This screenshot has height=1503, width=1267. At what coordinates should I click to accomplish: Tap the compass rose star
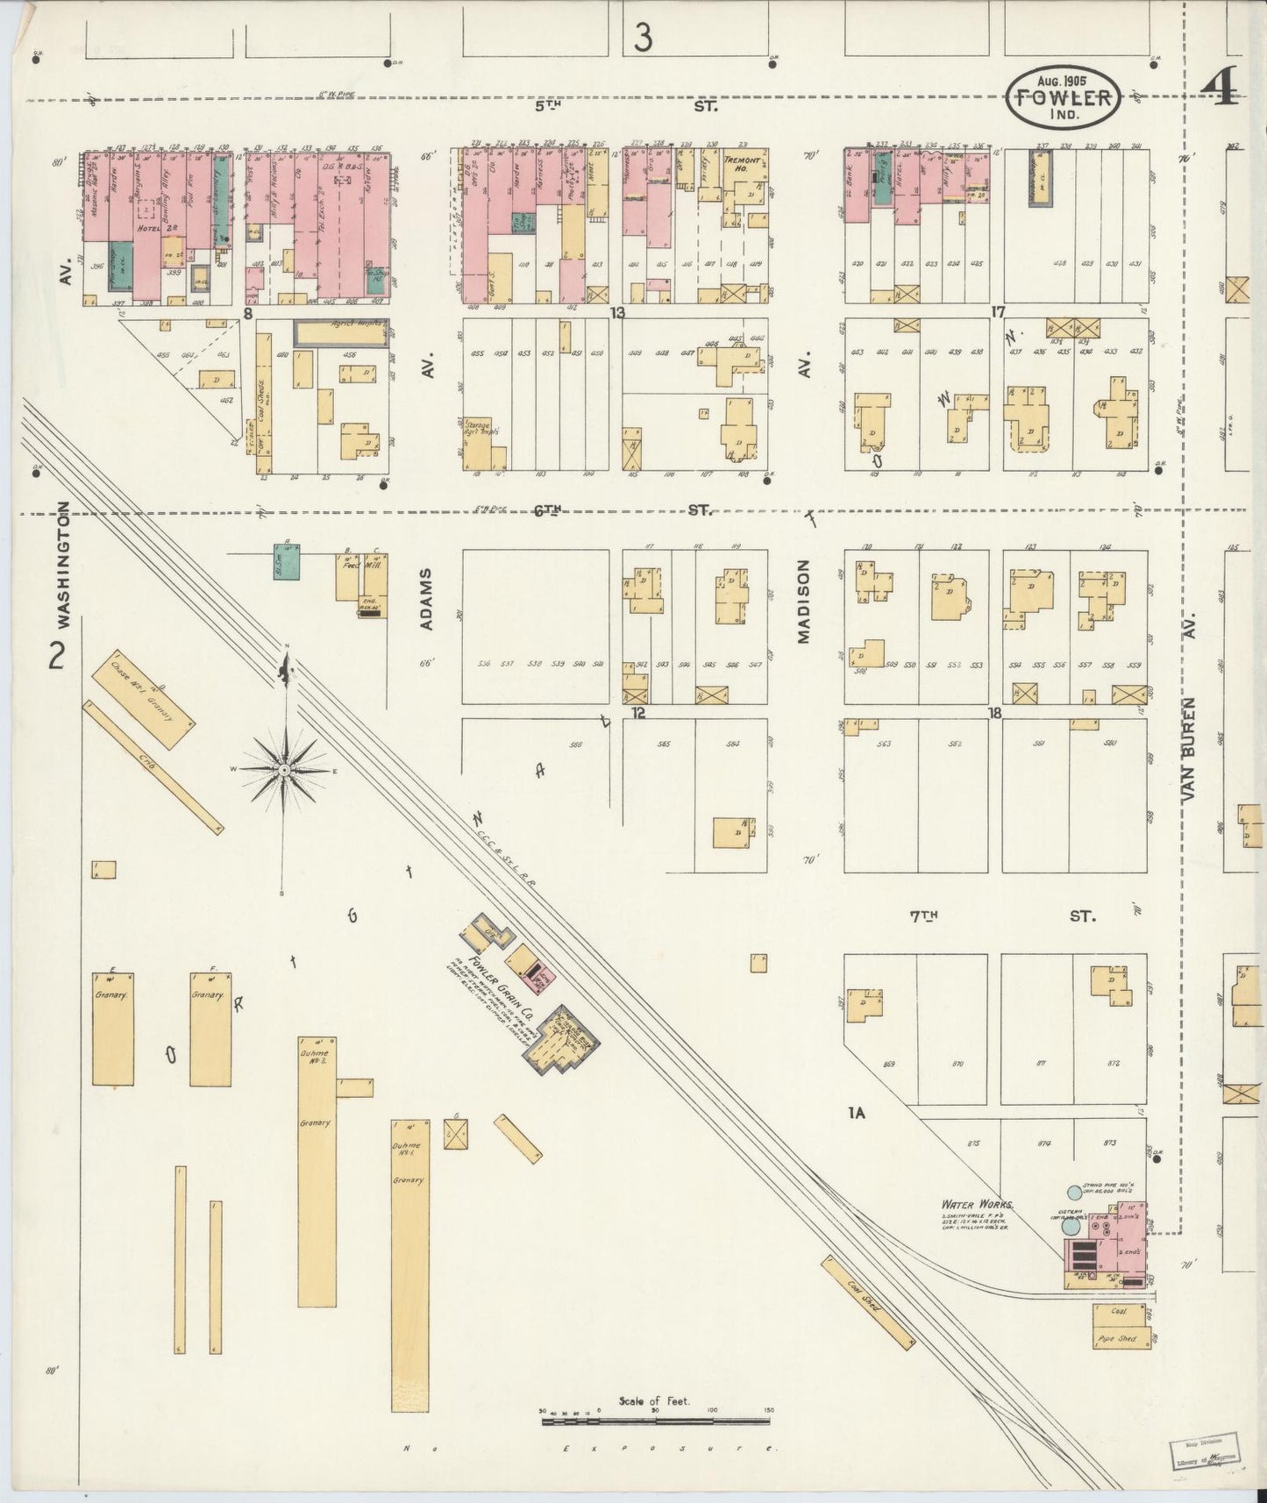point(284,769)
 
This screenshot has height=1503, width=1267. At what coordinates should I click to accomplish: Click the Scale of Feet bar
point(654,1412)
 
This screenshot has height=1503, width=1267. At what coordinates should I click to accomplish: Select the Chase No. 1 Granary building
point(148,698)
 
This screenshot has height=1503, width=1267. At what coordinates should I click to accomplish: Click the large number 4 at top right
point(1221,87)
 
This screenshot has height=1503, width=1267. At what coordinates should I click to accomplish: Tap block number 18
point(993,714)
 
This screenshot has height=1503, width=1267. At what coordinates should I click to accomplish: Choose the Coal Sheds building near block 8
point(263,403)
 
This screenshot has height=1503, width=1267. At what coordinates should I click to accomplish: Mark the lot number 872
point(1114,1063)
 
